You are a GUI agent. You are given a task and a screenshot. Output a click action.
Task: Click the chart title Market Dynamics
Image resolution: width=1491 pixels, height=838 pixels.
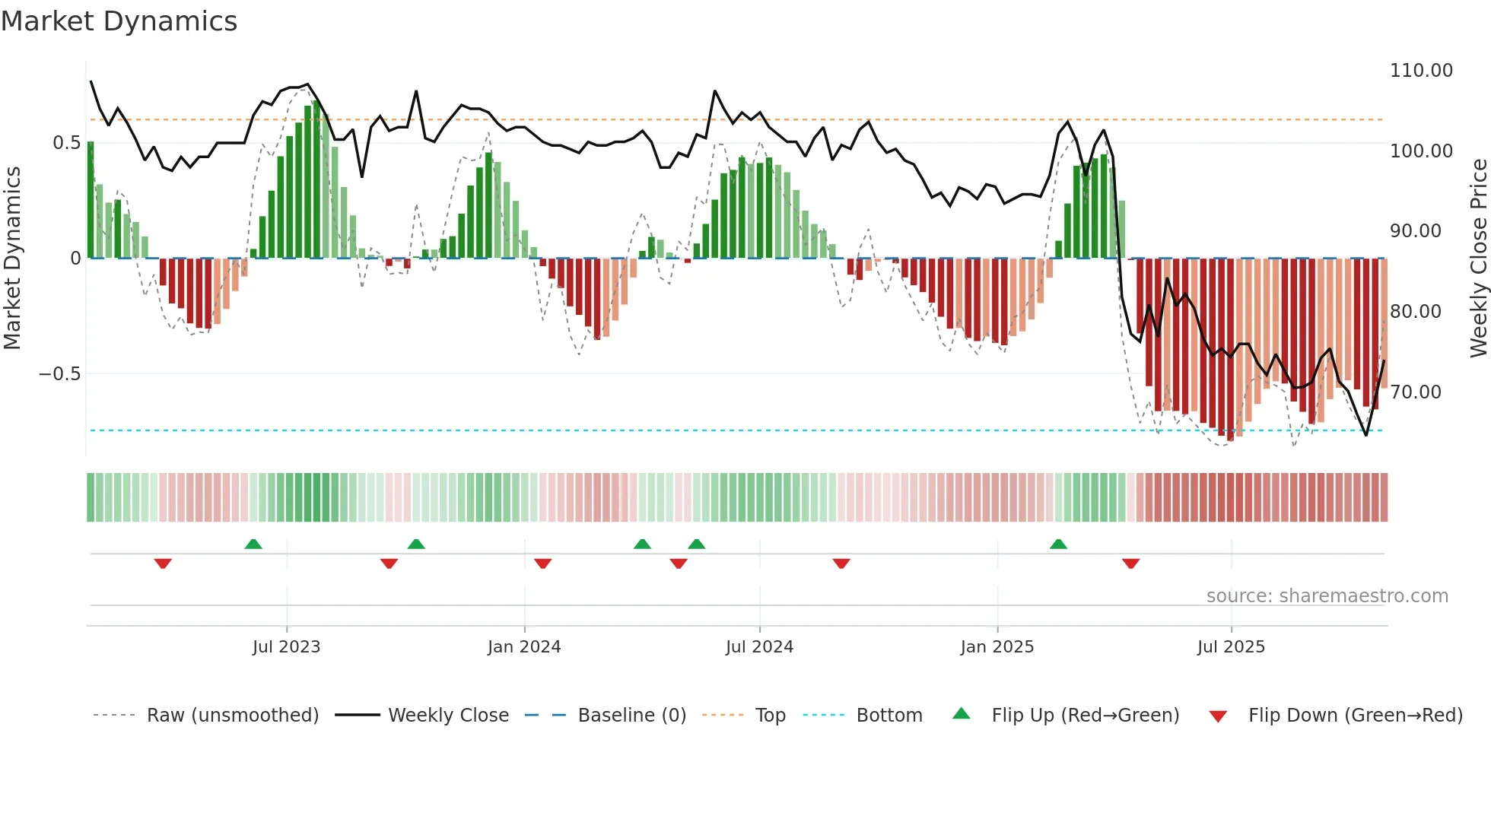(x=119, y=21)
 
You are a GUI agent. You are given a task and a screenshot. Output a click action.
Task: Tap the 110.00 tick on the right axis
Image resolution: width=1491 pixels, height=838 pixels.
(x=1420, y=71)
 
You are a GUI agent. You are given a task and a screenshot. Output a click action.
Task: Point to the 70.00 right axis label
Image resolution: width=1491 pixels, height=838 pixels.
(x=1415, y=392)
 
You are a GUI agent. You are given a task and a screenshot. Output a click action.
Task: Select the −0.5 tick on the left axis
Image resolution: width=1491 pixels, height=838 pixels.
(x=59, y=374)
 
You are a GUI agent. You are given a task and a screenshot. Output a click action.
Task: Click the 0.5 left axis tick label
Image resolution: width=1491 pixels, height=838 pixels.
(x=66, y=143)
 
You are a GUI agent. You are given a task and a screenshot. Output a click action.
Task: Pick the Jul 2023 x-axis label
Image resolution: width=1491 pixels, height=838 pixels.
(x=286, y=647)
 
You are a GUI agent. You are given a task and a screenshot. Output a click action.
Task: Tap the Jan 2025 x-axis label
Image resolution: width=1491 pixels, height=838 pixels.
(x=997, y=647)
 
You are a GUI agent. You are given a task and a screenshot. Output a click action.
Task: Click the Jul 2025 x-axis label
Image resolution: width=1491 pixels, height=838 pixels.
(x=1230, y=647)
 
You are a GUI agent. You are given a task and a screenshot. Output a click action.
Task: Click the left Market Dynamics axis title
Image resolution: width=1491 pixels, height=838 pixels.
(x=12, y=259)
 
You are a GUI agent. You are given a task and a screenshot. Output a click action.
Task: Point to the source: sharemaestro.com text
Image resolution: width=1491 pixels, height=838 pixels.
(x=1327, y=596)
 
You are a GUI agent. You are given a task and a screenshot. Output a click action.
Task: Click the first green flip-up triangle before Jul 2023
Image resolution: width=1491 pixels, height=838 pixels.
(x=253, y=544)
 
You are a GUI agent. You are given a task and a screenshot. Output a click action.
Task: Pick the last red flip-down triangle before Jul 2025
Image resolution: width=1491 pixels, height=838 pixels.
(x=1130, y=563)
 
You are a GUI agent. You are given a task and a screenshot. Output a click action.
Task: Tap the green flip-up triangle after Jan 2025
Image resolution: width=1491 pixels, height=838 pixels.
(x=1058, y=544)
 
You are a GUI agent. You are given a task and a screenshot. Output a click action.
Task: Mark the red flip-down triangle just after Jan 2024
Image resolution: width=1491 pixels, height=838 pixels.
(x=542, y=563)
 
